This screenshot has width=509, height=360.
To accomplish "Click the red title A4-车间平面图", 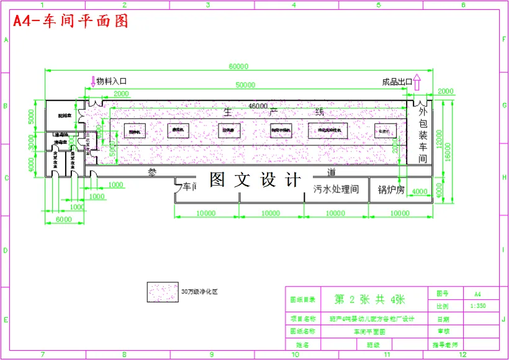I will pyautogui.click(x=71, y=22).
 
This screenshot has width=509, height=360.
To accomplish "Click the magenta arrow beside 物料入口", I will pyautogui.click(x=93, y=81).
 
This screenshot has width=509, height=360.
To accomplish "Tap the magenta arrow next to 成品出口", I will pyautogui.click(x=417, y=82).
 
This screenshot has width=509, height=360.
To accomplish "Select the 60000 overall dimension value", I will pyautogui.click(x=238, y=66).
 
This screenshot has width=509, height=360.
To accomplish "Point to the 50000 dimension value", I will pyautogui.click(x=245, y=84).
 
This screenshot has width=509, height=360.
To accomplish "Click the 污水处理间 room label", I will pyautogui.click(x=336, y=189).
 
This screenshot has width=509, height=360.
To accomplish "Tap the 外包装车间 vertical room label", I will pyautogui.click(x=423, y=135).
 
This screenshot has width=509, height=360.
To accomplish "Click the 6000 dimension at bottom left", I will pyautogui.click(x=55, y=220).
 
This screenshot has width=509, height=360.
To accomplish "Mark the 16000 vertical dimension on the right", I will pyautogui.click(x=448, y=149).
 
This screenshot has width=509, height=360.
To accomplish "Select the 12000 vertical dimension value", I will pyautogui.click(x=439, y=140).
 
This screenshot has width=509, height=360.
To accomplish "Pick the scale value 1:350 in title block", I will pyautogui.click(x=477, y=306).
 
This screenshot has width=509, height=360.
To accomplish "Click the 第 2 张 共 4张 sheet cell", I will pyautogui.click(x=369, y=299).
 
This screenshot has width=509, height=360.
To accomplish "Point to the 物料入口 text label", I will pyautogui.click(x=112, y=81).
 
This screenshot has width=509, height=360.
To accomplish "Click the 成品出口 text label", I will pyautogui.click(x=397, y=81).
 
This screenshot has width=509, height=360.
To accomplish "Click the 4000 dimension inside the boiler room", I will pyautogui.click(x=420, y=191).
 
